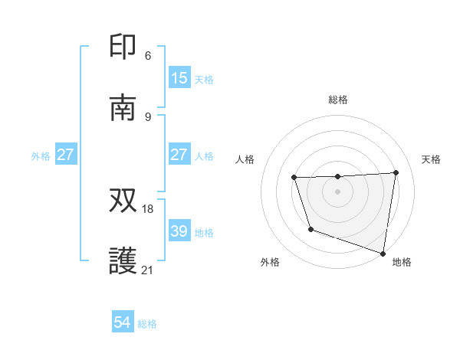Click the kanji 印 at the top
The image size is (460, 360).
124,47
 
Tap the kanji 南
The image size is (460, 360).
124,108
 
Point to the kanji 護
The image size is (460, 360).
124,261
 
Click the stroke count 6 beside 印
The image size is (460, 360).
148,55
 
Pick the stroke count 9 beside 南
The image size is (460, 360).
148,116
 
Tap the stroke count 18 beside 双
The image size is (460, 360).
148,208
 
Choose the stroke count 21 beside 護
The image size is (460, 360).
148,270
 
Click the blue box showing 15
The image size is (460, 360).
179,78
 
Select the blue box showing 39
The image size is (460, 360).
179,231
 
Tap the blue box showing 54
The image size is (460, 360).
123,323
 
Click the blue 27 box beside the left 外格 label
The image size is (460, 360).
66,155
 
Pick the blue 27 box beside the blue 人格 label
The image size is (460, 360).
179,155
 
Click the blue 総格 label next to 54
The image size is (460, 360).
147,324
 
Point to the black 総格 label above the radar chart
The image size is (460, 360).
338,100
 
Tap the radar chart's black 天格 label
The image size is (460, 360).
431,159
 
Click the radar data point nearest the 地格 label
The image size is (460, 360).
383,253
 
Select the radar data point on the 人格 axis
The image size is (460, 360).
294,178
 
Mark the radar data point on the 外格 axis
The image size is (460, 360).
310,229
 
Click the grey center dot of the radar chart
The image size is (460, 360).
338,191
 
